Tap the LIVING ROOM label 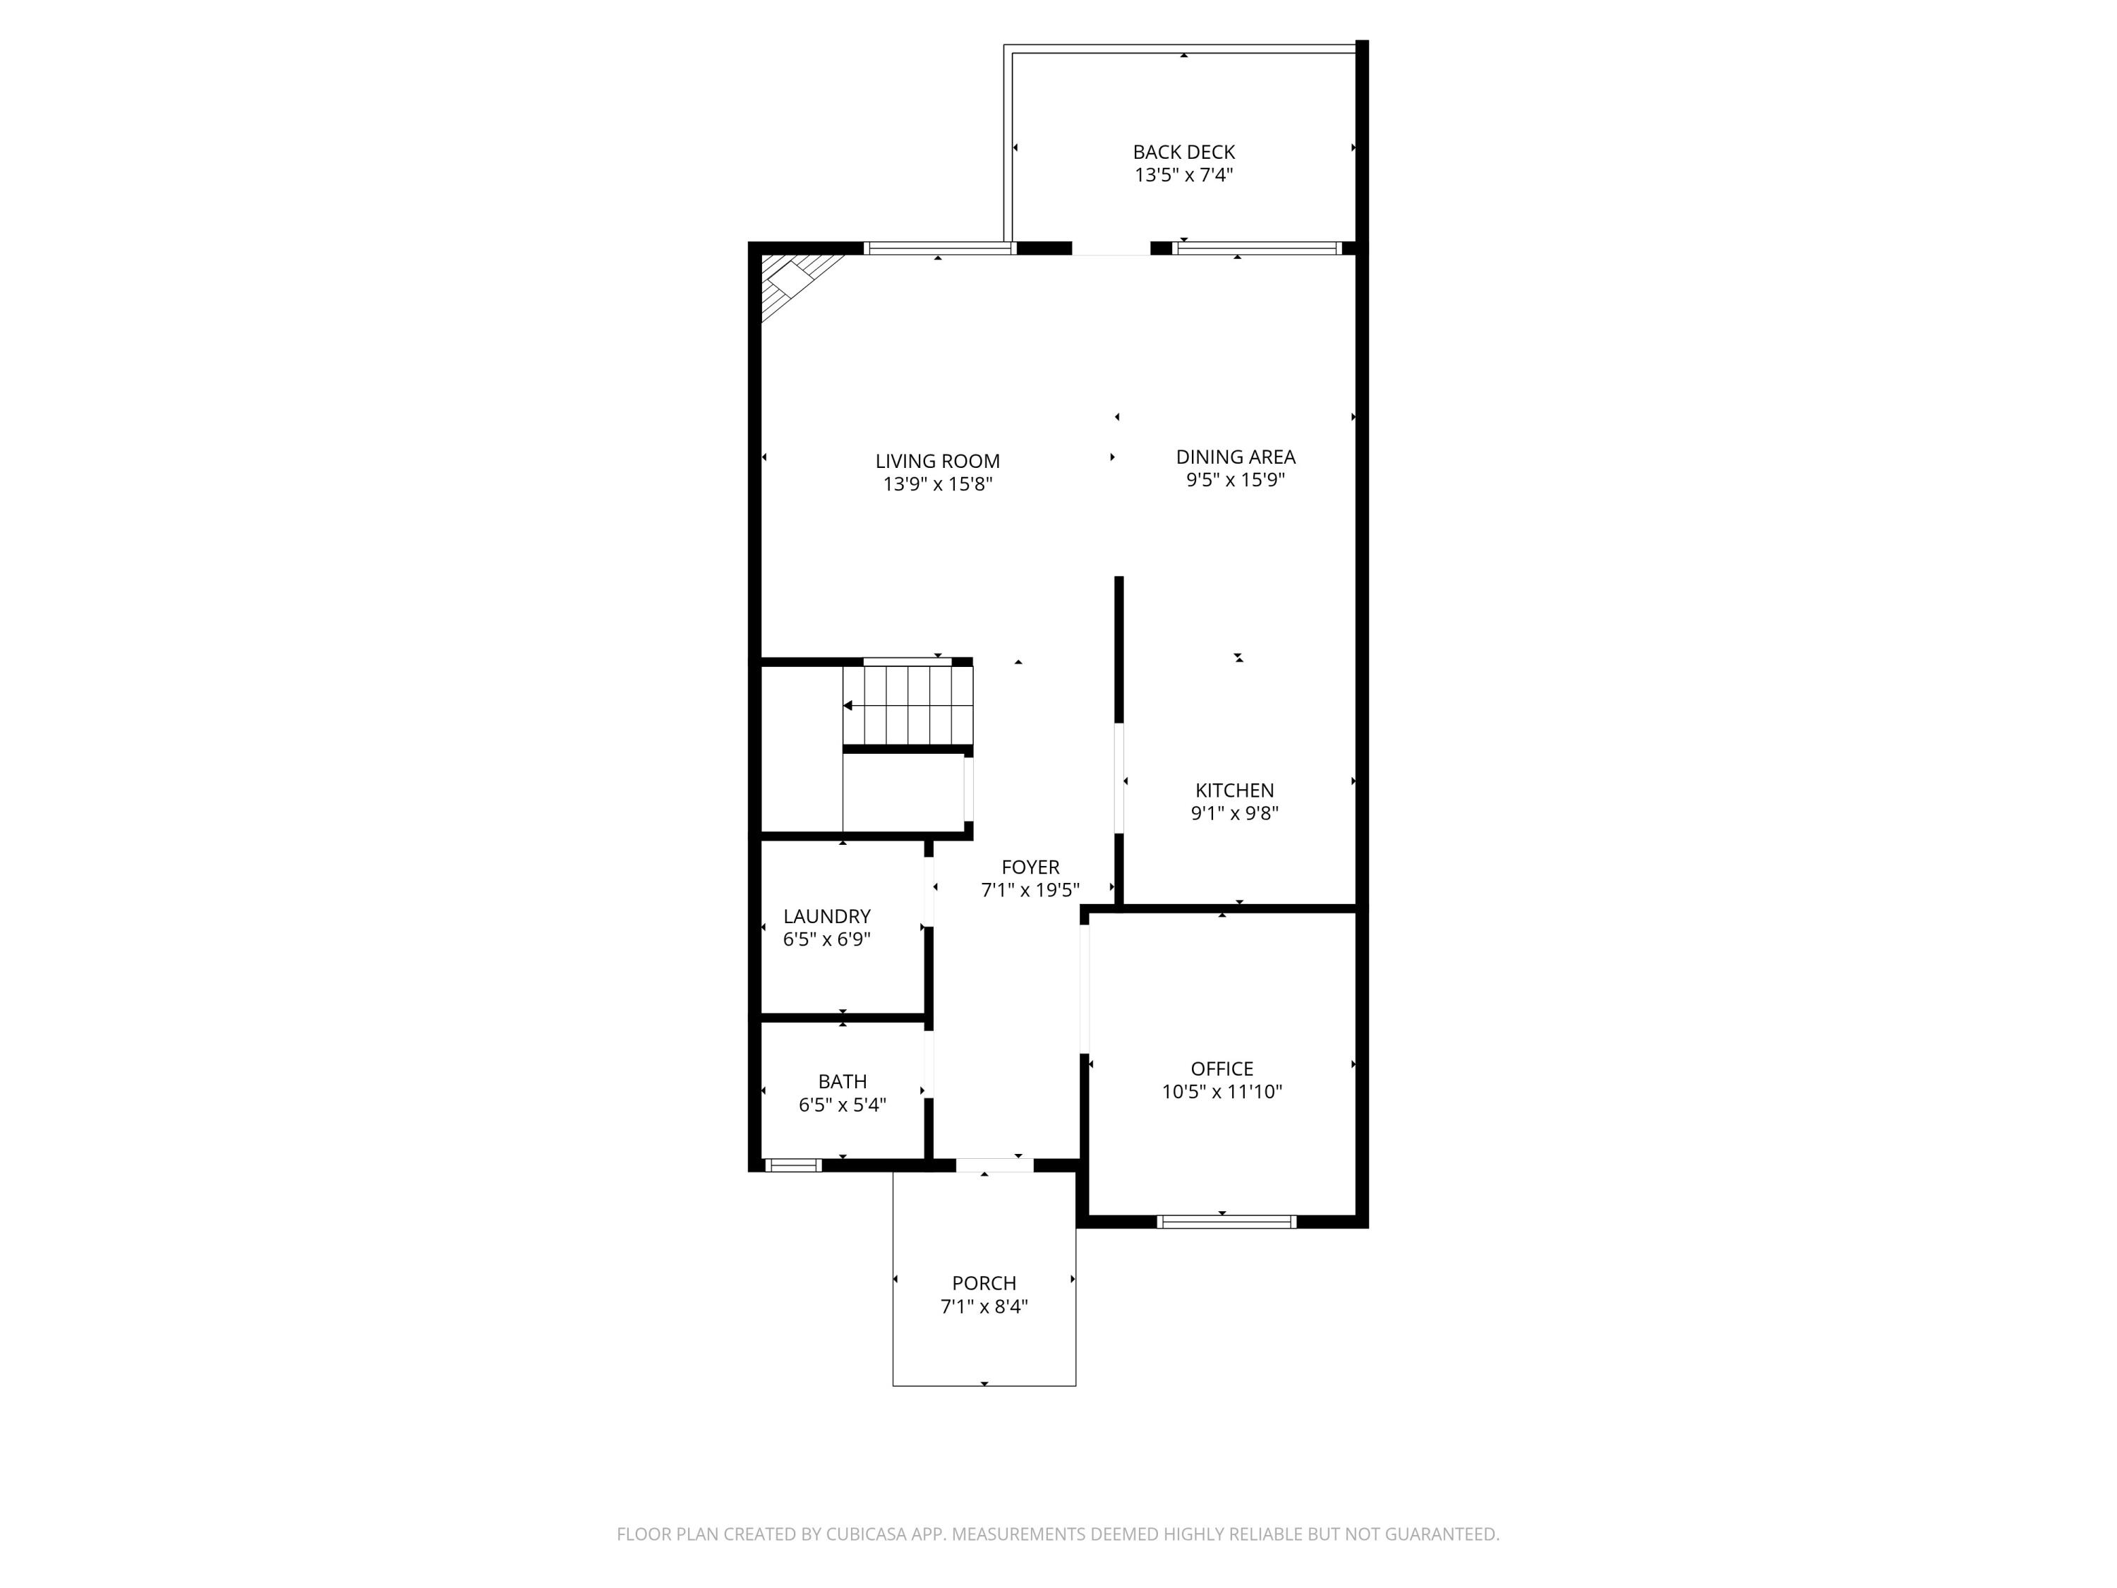point(938,462)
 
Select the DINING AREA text point(1236,457)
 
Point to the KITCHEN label point(1235,790)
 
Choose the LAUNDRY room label point(827,917)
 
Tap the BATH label point(842,1082)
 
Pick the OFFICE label point(1222,1069)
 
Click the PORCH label point(984,1284)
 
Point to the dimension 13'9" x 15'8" point(938,484)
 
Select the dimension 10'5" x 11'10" point(1222,1092)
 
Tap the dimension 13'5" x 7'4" point(1184,175)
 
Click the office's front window point(1226,1222)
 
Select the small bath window point(793,1166)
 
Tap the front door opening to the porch point(994,1166)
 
